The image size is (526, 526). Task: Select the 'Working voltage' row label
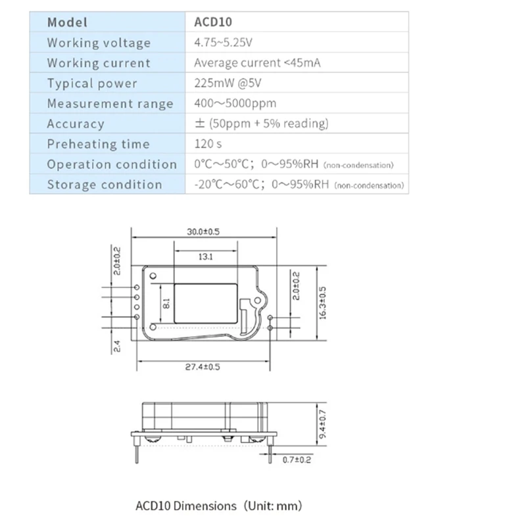tap(99, 43)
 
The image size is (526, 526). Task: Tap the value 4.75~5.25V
tap(224, 43)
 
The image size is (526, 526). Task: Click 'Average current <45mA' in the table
tap(257, 63)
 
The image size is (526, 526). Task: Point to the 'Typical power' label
tap(92, 84)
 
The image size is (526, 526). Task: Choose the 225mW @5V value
tap(227, 84)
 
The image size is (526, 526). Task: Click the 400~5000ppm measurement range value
tap(235, 104)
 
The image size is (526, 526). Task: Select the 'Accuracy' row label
tap(76, 124)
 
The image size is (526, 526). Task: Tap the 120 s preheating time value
tap(209, 144)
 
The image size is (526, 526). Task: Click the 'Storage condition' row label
tap(104, 185)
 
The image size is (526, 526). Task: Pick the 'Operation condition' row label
tap(112, 164)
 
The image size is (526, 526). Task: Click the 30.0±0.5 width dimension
tap(203, 231)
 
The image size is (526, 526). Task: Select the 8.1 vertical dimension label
tap(166, 304)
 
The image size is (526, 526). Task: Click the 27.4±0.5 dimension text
tap(203, 367)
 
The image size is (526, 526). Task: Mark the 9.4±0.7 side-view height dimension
tap(322, 425)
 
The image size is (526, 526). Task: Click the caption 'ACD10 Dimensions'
tap(185, 506)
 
